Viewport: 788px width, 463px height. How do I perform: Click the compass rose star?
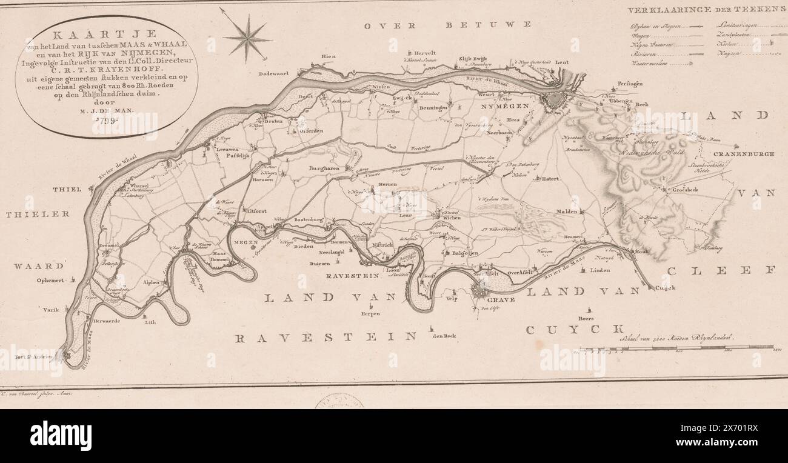pyautogui.click(x=247, y=38)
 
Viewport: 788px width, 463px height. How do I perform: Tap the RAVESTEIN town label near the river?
pyautogui.click(x=352, y=276)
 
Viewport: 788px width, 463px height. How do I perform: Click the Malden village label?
pyautogui.click(x=567, y=212)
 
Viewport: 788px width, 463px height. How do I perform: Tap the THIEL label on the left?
pyautogui.click(x=67, y=190)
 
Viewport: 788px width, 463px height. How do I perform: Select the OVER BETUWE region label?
pyautogui.click(x=449, y=25)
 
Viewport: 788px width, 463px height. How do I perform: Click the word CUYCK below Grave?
pyautogui.click(x=574, y=330)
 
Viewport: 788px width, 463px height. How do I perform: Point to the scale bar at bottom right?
pyautogui.click(x=676, y=348)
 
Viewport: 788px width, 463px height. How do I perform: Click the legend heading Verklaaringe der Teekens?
pyautogui.click(x=706, y=10)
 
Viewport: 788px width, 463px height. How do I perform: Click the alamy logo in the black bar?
pyautogui.click(x=61, y=436)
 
